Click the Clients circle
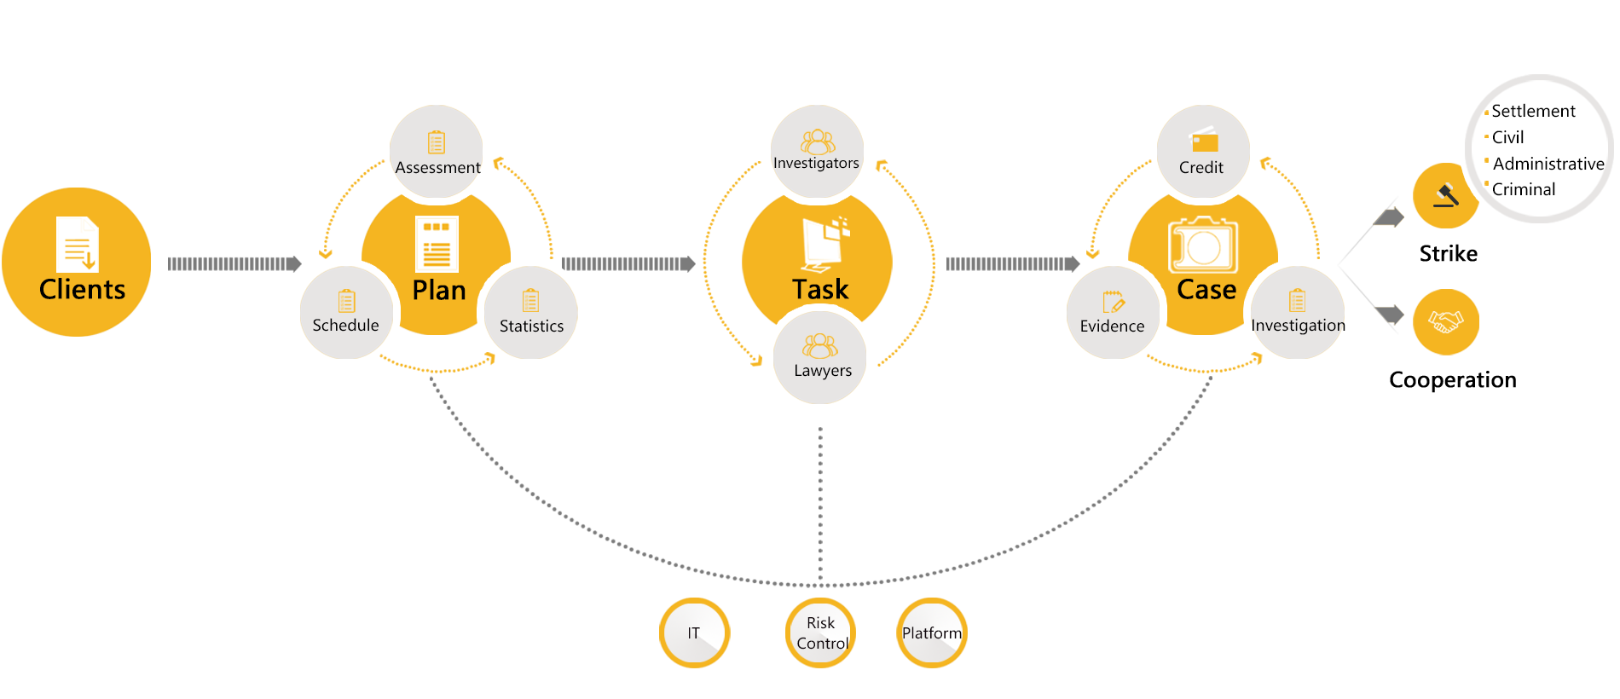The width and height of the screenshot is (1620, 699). click(77, 262)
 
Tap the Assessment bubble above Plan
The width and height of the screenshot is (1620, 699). click(437, 153)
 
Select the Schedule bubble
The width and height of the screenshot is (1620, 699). click(346, 312)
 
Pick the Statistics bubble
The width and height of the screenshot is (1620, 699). click(531, 312)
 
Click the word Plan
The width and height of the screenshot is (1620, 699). click(439, 291)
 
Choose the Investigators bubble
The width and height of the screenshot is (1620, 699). click(817, 151)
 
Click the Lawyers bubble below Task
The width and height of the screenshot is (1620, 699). click(820, 356)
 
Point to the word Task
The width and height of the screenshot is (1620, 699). click(820, 290)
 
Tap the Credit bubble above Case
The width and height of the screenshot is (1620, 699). click(1202, 153)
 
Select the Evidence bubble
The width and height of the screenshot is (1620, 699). click(1113, 312)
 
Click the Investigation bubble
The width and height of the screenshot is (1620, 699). click(1297, 312)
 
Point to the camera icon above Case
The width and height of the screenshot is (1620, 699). click(1203, 246)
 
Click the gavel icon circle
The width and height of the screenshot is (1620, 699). click(1445, 195)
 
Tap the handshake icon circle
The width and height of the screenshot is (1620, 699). click(1445, 321)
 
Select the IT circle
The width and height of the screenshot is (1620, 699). click(694, 633)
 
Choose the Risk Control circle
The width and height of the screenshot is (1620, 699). click(821, 633)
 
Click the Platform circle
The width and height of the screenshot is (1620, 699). click(932, 633)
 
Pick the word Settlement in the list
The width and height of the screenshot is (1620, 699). click(1533, 111)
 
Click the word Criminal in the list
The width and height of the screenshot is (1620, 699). click(1524, 189)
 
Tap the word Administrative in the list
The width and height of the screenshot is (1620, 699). click(1548, 164)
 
